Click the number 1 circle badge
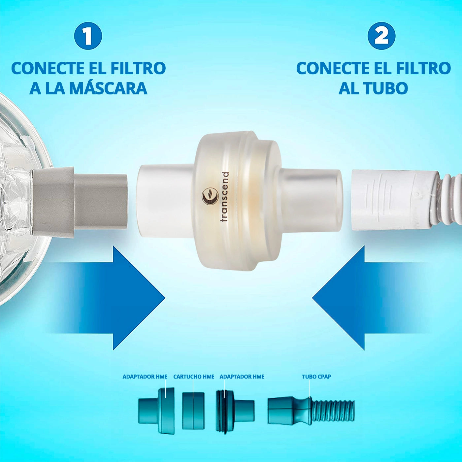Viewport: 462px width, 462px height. [88, 36]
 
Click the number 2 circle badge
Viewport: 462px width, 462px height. [381, 36]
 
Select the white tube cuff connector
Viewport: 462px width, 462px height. [389, 200]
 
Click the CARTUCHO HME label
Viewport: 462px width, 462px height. [194, 377]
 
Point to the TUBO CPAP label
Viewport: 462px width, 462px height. [316, 377]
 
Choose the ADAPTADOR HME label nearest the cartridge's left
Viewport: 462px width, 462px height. [145, 377]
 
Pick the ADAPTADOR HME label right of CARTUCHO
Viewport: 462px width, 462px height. [242, 377]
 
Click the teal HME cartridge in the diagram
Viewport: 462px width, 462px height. [193, 411]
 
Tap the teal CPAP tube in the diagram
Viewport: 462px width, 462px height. [310, 411]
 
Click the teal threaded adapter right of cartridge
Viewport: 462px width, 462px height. [234, 411]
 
